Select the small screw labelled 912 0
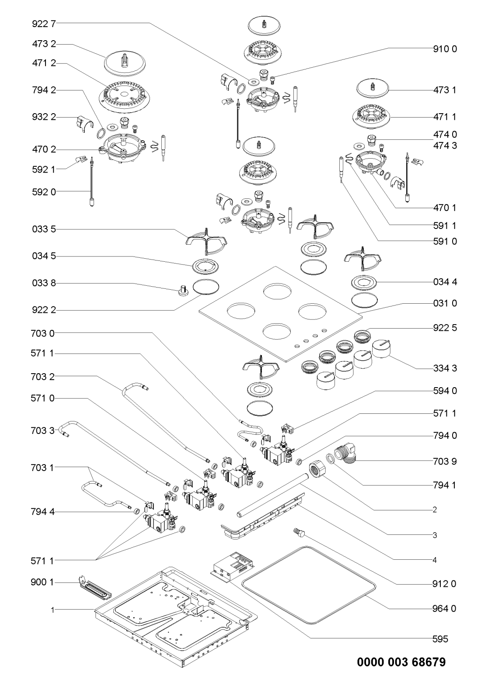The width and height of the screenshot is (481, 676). coord(299,533)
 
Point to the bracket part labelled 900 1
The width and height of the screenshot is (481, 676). coord(95,586)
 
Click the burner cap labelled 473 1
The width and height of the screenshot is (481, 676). coord(373,90)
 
